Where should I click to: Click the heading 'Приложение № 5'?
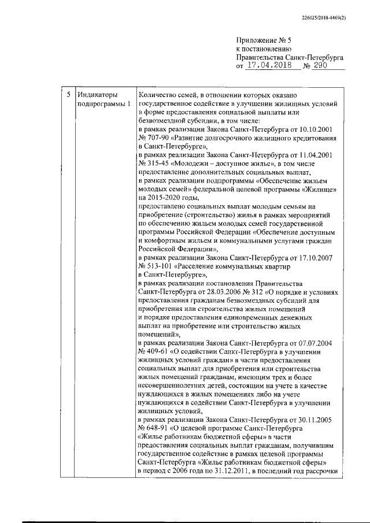(x=264, y=40)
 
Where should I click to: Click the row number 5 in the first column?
(x=68, y=94)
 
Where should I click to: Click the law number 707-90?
(x=157, y=139)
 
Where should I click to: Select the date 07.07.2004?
(x=316, y=343)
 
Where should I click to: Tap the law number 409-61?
(x=157, y=352)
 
